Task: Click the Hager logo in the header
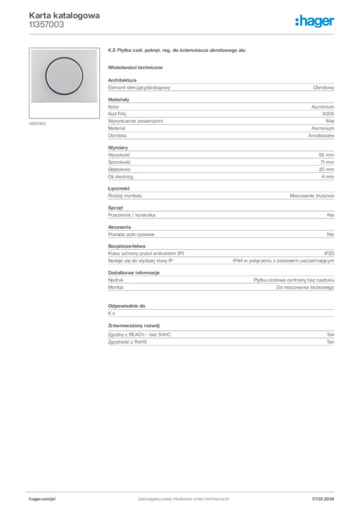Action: (x=314, y=21)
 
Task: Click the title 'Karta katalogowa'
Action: (x=64, y=15)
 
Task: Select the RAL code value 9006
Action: (x=328, y=114)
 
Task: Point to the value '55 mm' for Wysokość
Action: (x=326, y=155)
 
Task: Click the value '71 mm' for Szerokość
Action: (x=327, y=162)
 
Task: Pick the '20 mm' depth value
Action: (x=326, y=170)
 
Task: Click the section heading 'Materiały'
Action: (x=118, y=99)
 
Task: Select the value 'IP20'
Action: (x=329, y=254)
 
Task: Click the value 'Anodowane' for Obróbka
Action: (x=321, y=135)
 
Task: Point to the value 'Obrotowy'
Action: (x=323, y=87)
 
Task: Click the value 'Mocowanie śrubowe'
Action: (x=312, y=196)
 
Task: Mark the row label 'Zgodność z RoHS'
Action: (x=126, y=342)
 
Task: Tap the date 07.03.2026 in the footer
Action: (x=323, y=499)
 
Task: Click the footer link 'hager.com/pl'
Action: (x=42, y=499)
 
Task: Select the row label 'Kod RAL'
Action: (x=118, y=114)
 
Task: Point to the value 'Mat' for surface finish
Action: (x=330, y=121)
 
